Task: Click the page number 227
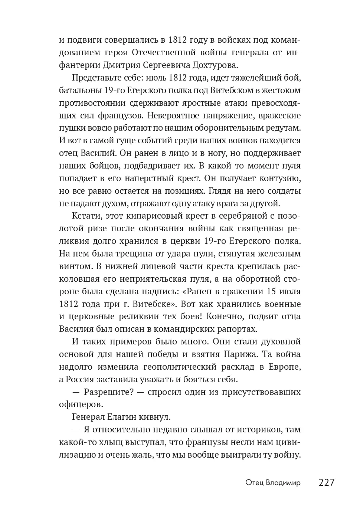(x=327, y=482)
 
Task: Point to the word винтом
(x=75, y=266)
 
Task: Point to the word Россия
(x=82, y=379)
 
